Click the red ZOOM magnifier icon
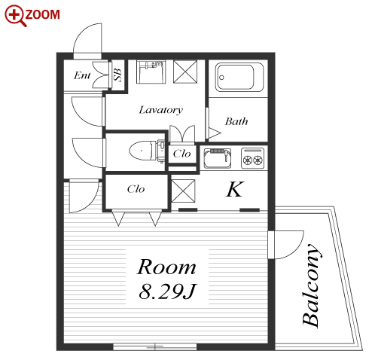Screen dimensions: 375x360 15,16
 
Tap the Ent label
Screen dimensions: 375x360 82,75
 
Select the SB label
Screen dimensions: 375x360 117,75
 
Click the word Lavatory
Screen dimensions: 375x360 161,110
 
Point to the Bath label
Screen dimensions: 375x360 236,121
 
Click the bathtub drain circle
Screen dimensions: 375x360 221,78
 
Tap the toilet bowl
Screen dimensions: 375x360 141,151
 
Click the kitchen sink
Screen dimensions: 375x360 218,158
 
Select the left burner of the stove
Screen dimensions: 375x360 248,160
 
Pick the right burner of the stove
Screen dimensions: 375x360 258,160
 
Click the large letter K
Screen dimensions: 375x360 235,189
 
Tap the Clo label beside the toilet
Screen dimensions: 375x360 182,154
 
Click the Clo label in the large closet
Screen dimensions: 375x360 136,189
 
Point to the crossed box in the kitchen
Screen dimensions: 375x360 183,191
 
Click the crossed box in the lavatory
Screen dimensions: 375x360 185,72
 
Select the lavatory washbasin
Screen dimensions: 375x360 151,72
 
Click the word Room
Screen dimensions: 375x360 166,267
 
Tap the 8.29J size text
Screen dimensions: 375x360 168,291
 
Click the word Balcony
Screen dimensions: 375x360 312,285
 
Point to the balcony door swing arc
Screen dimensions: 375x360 296,250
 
